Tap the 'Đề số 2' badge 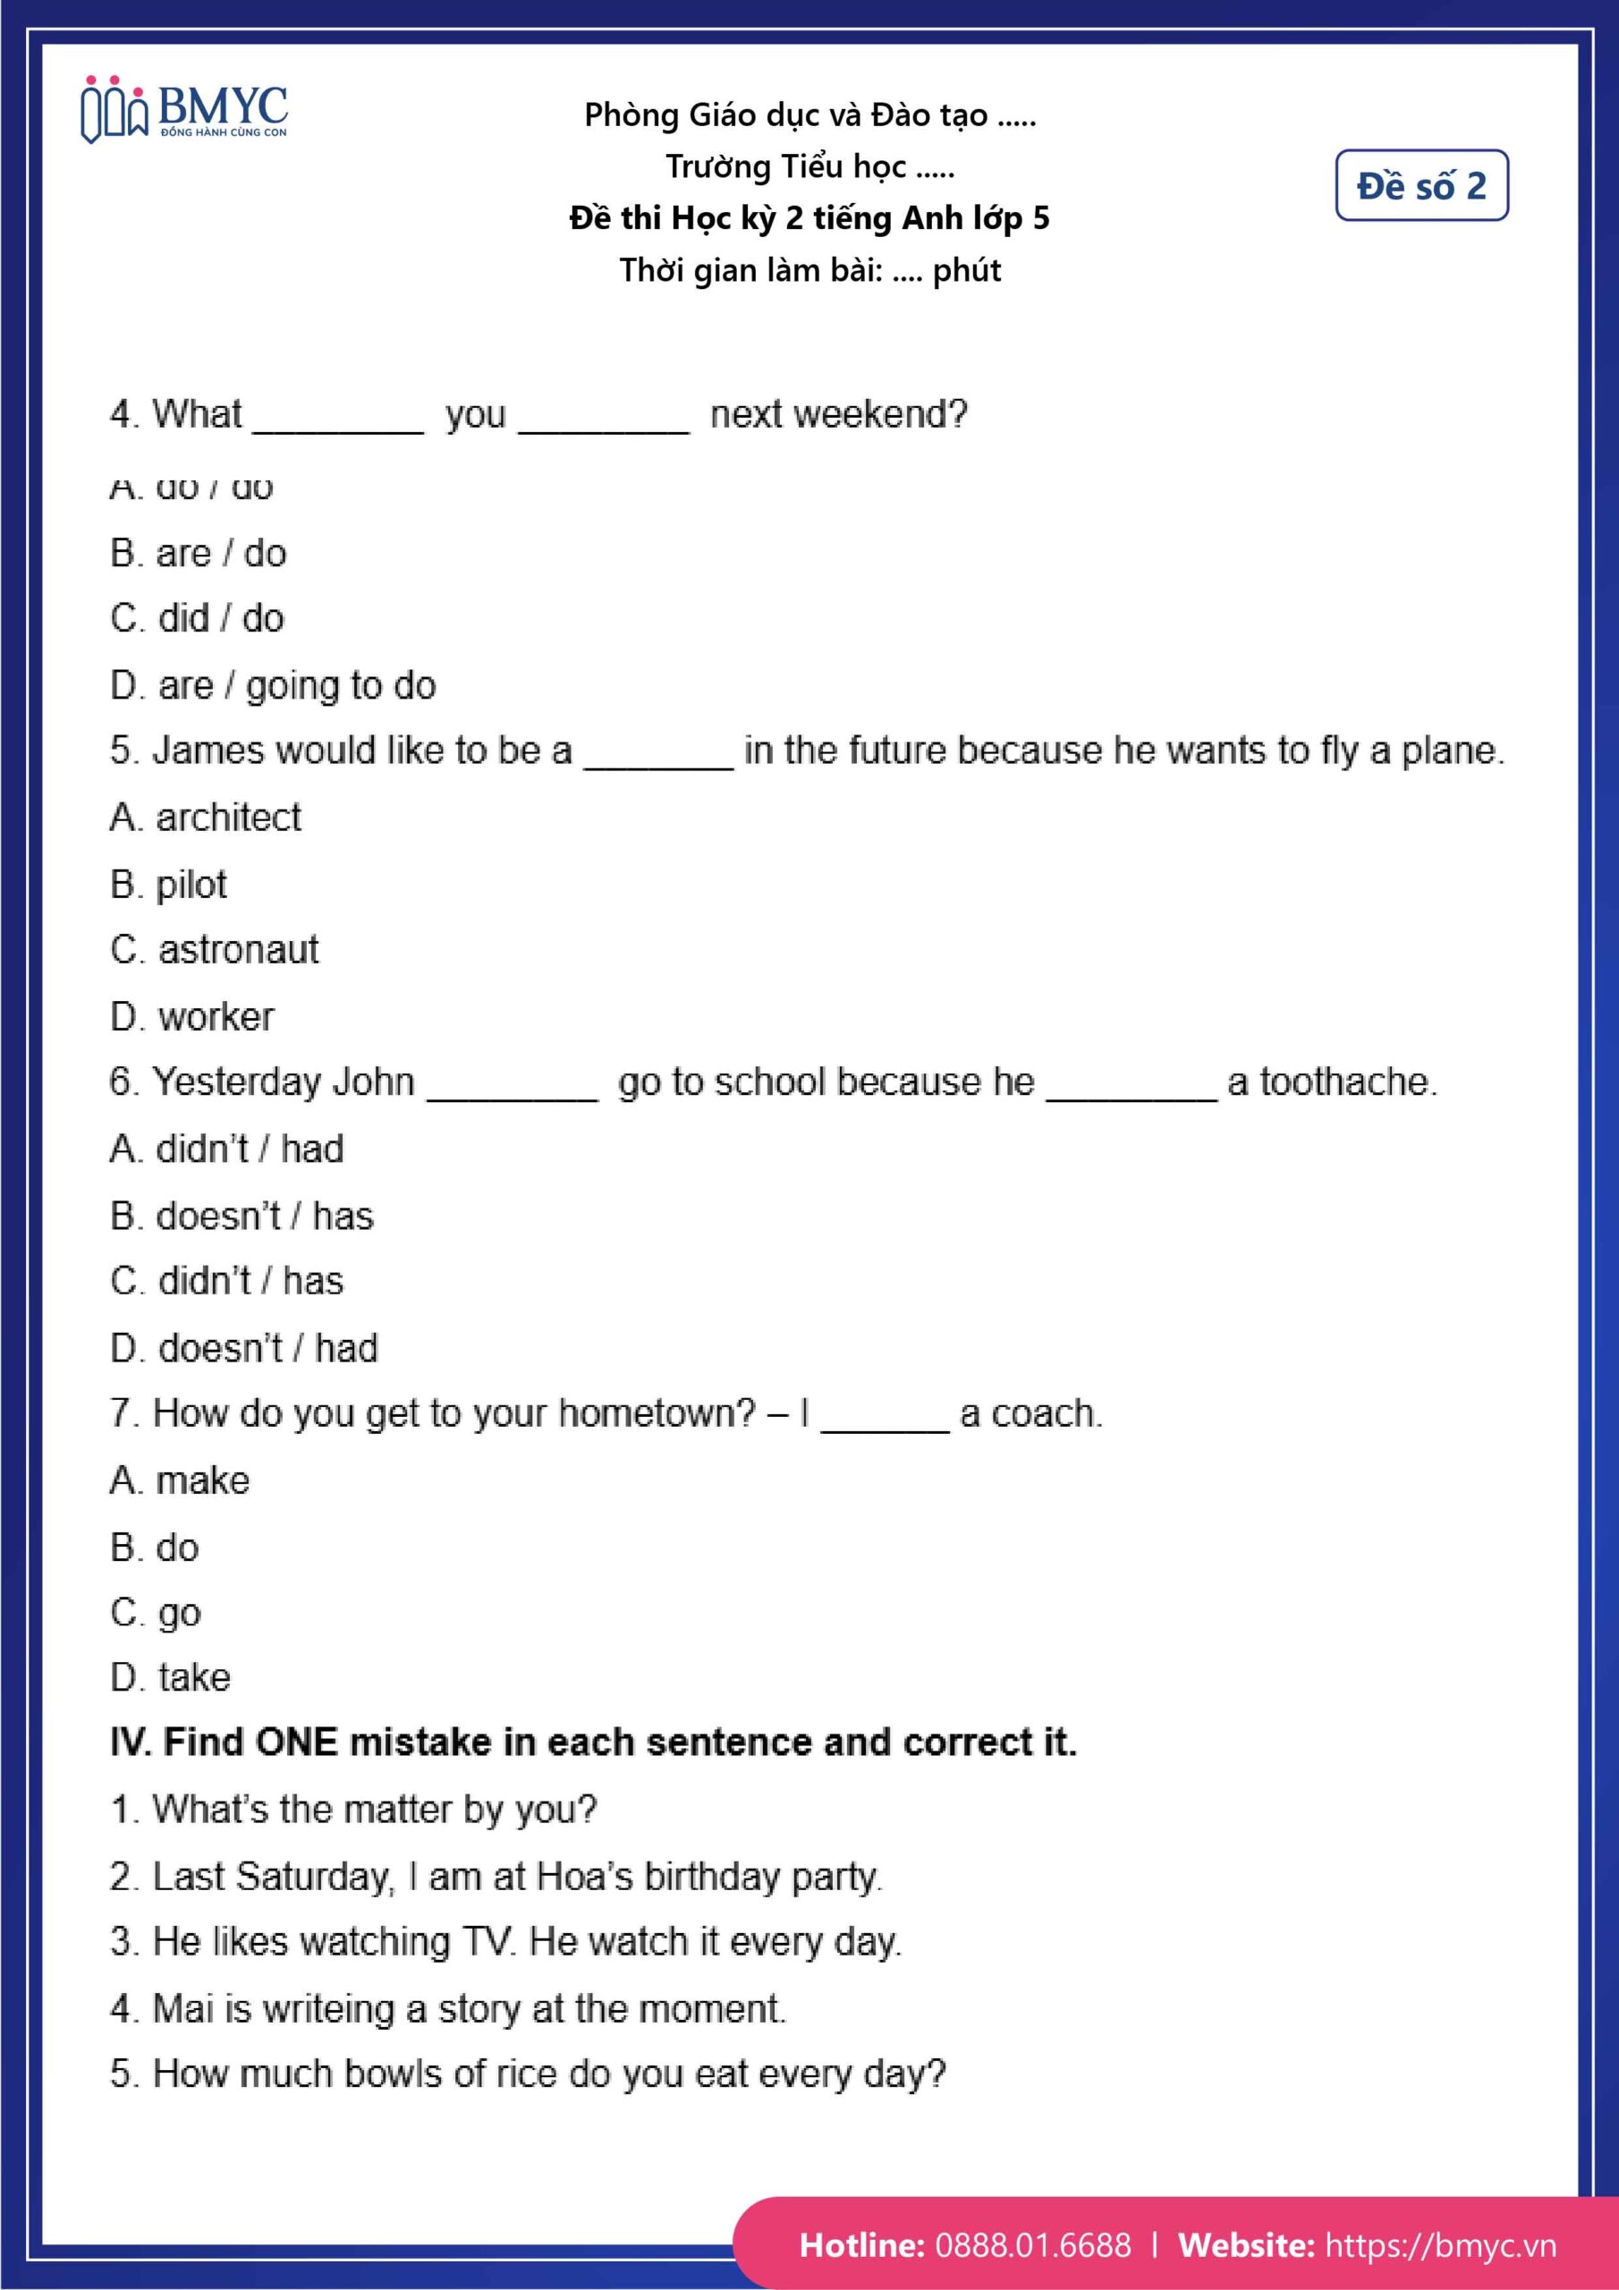tap(1420, 185)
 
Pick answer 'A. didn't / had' tap(226, 1149)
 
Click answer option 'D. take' tap(170, 1677)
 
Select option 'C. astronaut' tap(215, 949)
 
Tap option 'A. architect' tap(206, 818)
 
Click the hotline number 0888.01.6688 tap(1032, 2245)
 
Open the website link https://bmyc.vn tap(1439, 2245)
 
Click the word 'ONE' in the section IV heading tap(296, 1743)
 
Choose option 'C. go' tap(156, 1613)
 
